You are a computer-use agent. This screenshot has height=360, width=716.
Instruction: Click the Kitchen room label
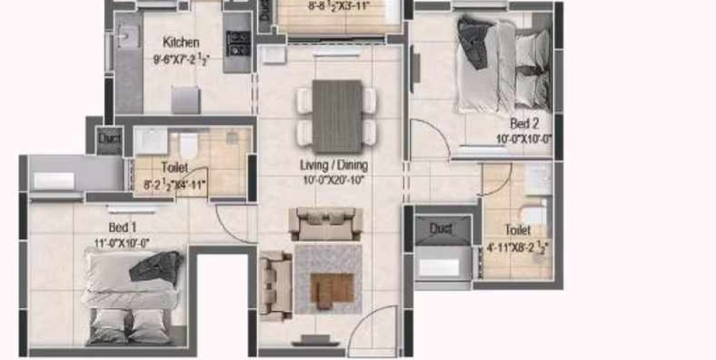tap(180, 42)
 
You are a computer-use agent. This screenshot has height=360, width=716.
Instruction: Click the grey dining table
tap(337, 116)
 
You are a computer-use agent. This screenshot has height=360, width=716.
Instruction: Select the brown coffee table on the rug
tap(328, 286)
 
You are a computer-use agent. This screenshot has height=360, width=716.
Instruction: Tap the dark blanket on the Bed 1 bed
tap(156, 268)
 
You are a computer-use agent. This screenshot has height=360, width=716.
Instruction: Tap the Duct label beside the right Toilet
tap(440, 228)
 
